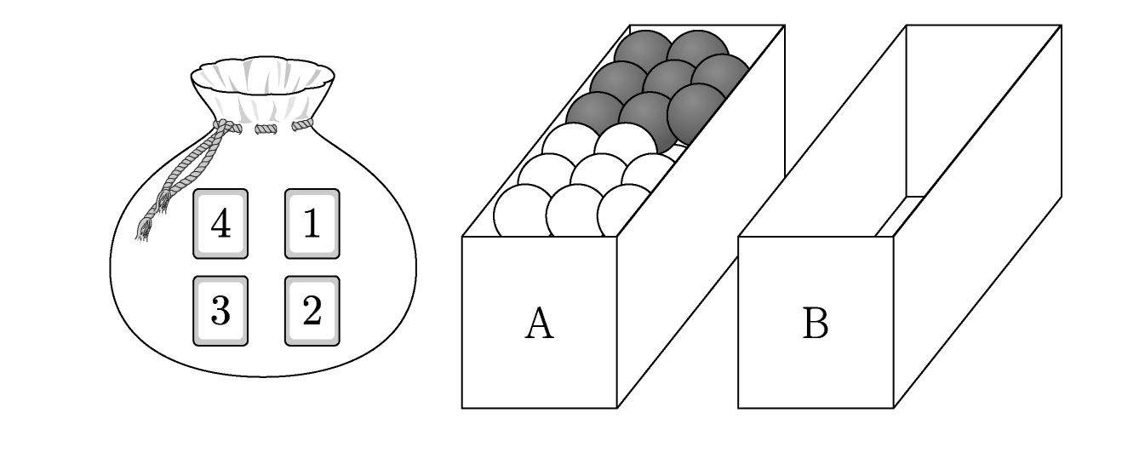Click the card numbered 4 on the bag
[x=220, y=223]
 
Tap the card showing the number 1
[x=312, y=223]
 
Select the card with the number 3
[x=220, y=311]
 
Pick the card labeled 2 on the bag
[x=312, y=311]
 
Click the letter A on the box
[x=540, y=324]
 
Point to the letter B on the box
[x=816, y=324]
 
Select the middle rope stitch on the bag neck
[x=266, y=129]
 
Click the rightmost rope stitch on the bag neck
[x=302, y=124]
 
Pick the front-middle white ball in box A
[x=575, y=211]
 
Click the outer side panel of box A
[x=701, y=216]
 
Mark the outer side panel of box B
[x=977, y=216]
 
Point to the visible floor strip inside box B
[x=900, y=216]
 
